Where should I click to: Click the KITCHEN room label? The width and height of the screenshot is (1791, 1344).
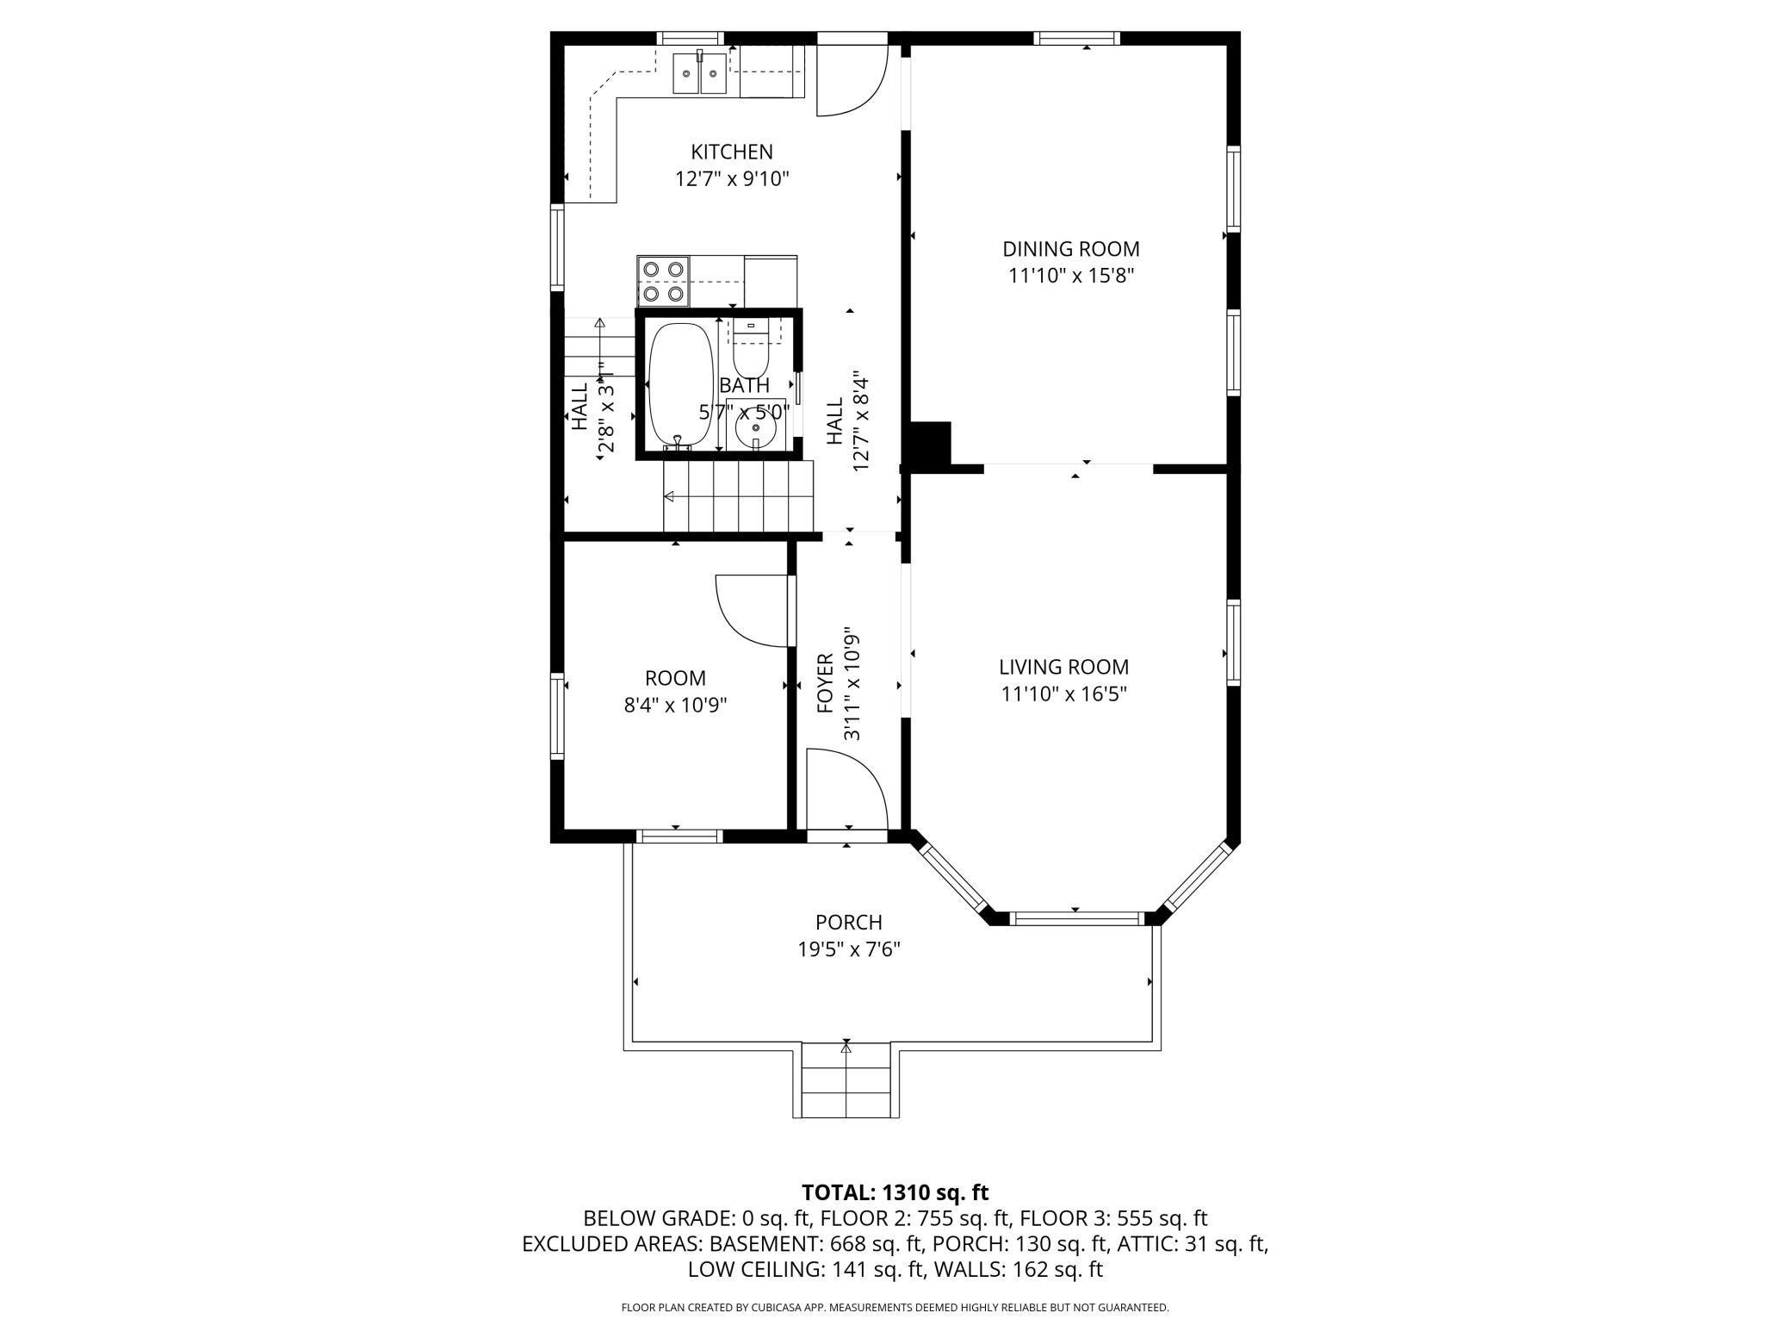coord(732,152)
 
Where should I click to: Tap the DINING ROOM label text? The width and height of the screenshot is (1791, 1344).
coord(1071,250)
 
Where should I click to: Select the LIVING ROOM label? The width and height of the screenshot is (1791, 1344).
coord(1064,667)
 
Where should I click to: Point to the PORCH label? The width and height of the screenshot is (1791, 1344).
coord(849,923)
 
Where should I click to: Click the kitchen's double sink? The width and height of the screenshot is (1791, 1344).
coord(700,73)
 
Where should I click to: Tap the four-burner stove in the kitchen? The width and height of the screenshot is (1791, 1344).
coord(664,282)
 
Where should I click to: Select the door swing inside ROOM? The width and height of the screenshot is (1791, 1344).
coord(752,611)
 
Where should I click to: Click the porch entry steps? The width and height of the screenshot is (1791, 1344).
coord(846,1080)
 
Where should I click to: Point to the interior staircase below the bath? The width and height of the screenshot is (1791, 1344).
coord(738,496)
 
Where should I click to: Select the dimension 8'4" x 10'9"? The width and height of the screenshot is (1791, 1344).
coord(676,706)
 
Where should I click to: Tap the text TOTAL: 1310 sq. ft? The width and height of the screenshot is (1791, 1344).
coord(895,1192)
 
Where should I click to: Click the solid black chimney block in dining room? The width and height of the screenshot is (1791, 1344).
coord(930,444)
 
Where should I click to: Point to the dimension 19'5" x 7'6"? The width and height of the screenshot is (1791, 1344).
coord(849,950)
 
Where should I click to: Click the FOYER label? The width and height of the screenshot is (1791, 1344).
coord(825,683)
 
